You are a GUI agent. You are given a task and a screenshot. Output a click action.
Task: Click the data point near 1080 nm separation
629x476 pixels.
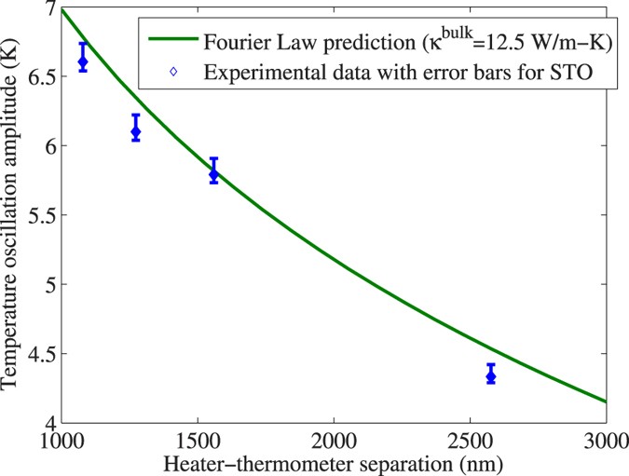click(83, 61)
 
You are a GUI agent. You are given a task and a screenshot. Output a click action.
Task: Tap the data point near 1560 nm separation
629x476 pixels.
click(213, 173)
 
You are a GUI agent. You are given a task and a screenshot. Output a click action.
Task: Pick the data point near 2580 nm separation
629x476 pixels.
click(491, 375)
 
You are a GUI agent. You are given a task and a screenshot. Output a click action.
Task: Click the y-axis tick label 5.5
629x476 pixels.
click(40, 215)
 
